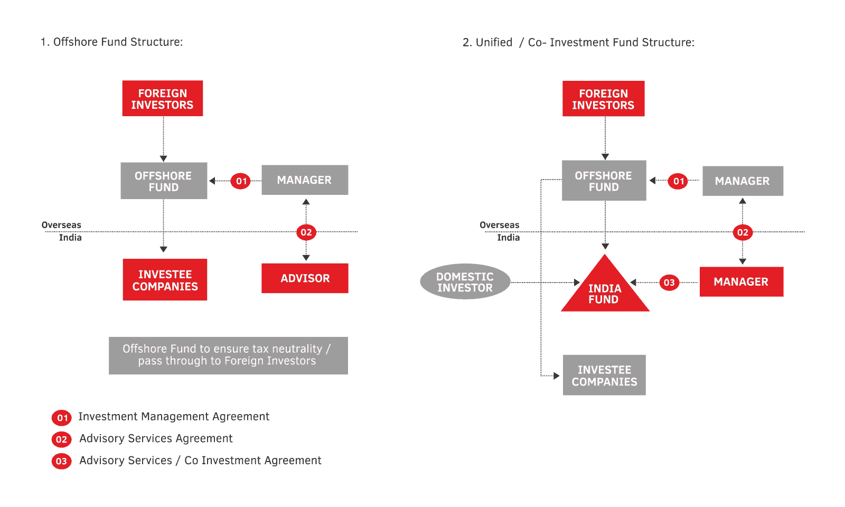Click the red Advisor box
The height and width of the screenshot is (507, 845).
click(x=305, y=278)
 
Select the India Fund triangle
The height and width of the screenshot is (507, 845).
click(x=605, y=290)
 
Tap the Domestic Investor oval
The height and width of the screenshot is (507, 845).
click(x=465, y=282)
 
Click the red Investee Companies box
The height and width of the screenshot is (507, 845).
click(x=165, y=280)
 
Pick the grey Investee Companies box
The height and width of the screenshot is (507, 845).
click(x=604, y=375)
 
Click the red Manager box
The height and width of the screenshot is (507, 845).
click(x=741, y=282)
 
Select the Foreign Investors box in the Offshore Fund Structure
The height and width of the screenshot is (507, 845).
click(x=162, y=99)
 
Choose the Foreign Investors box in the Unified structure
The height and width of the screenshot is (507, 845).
click(x=603, y=99)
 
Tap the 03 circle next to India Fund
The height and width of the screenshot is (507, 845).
click(x=669, y=283)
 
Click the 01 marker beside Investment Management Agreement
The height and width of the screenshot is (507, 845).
click(x=62, y=418)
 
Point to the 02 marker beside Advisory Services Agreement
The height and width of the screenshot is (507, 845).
click(x=61, y=439)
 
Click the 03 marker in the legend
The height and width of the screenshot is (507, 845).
click(x=61, y=461)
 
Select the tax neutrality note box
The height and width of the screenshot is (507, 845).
click(x=228, y=355)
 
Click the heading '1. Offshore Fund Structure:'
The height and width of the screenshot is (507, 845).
click(x=111, y=42)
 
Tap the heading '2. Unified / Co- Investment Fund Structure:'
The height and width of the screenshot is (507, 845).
click(x=578, y=43)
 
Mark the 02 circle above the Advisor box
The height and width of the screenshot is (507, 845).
click(x=306, y=232)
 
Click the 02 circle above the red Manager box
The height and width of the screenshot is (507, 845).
click(x=743, y=232)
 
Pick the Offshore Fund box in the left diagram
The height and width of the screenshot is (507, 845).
click(x=163, y=181)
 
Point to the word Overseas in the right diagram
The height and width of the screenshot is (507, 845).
click(x=499, y=225)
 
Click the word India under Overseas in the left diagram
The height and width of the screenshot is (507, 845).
click(x=70, y=238)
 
